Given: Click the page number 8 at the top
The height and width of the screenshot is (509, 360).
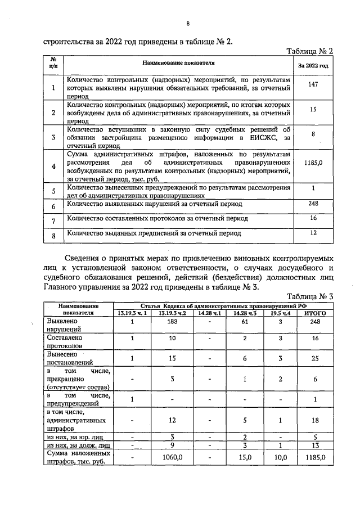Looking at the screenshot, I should pos(188,24).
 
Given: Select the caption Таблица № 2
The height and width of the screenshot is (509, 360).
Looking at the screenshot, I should pos(310,51).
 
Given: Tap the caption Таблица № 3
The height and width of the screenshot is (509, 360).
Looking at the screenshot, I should pos(310,297).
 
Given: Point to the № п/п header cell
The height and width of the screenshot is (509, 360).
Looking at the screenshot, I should pos(53,62).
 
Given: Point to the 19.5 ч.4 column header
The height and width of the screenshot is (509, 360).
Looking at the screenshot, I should pos(278,313).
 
